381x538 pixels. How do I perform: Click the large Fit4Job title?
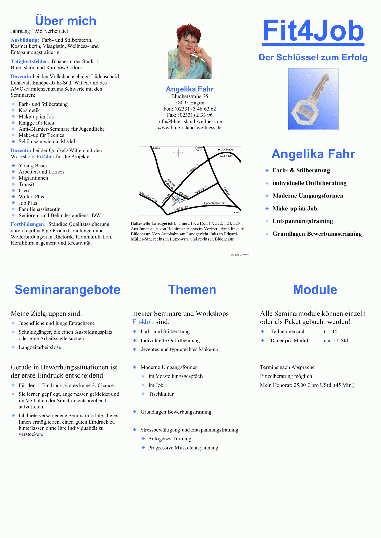tap(313, 30)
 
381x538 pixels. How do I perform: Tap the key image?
tap(313, 99)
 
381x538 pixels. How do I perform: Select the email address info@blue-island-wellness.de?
tap(190, 122)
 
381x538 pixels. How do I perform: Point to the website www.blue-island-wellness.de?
tap(190, 128)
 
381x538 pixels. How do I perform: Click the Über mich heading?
tap(65, 21)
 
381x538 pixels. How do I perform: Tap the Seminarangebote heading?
tap(67, 290)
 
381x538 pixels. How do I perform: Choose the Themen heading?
tap(192, 290)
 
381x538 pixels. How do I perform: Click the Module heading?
tap(315, 290)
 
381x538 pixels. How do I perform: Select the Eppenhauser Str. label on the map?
tap(215, 203)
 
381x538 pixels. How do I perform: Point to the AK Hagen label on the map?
tap(228, 149)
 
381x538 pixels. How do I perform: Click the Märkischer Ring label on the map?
tap(148, 197)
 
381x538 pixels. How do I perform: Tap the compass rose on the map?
tap(178, 153)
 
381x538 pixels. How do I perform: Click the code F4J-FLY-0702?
tap(240, 255)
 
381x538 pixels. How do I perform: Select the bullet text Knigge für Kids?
tap(36, 123)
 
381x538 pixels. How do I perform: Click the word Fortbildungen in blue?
tap(28, 224)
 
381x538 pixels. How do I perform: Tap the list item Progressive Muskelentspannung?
tap(183, 448)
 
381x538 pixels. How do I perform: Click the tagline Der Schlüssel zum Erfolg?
tap(313, 57)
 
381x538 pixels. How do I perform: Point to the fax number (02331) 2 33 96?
tap(195, 115)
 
